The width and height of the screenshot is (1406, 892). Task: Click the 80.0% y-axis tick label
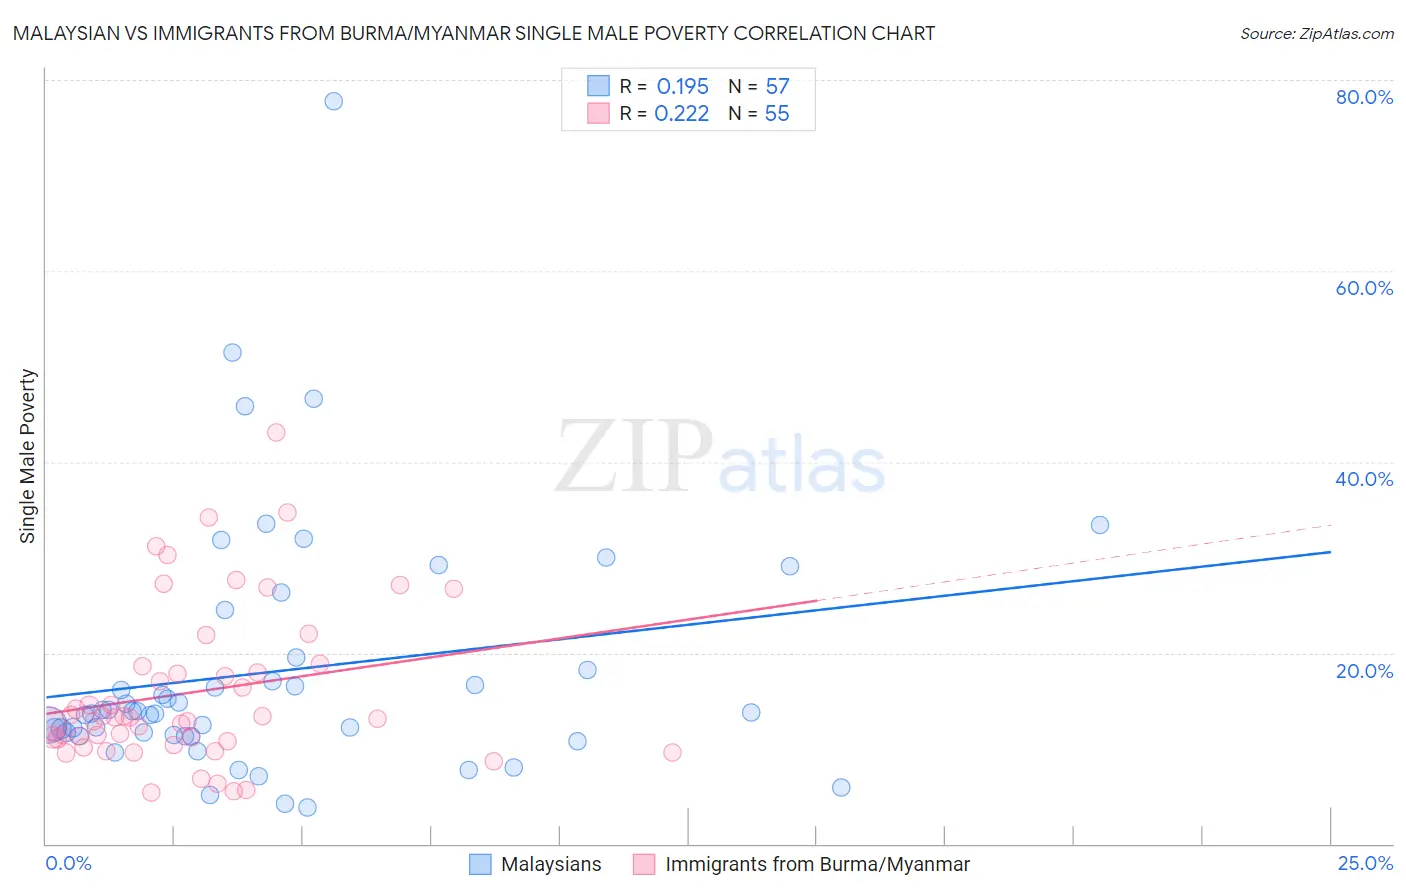1364,97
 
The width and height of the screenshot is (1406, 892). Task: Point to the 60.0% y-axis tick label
1364,288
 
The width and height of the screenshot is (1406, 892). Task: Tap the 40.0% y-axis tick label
1364,479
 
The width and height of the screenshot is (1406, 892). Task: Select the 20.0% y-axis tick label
1364,671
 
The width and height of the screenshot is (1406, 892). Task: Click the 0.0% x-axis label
68,863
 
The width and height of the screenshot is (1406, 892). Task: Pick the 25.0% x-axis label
1365,863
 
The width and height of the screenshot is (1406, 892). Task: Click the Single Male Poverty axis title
28,456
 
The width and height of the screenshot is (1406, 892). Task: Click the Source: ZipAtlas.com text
1316,33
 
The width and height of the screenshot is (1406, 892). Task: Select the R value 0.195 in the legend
682,87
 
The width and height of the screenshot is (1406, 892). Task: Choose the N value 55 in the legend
777,114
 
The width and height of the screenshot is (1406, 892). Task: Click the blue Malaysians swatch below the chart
480,864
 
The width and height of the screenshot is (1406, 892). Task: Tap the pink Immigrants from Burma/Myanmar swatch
644,864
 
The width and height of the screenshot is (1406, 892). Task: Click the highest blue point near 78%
334,101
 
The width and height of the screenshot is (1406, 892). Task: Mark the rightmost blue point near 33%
1100,525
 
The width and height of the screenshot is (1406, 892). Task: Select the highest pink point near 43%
276,432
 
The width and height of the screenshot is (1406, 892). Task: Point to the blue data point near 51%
232,352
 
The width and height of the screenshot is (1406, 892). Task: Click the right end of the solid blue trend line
1330,552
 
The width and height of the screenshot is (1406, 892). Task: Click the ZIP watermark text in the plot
633,457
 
